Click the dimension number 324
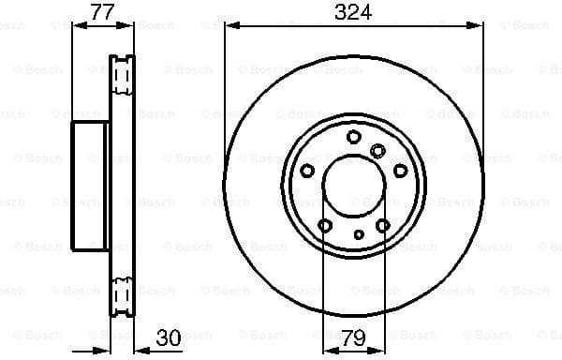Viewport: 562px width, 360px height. pos(354,12)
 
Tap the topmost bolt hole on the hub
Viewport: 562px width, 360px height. pos(354,137)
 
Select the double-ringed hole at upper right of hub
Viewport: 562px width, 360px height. pos(378,150)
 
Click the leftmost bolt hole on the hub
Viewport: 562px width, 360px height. pos(307,170)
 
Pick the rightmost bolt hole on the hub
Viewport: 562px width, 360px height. pos(401,170)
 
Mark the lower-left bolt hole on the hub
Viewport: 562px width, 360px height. pos(325,225)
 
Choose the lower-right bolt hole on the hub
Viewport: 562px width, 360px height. pos(383,225)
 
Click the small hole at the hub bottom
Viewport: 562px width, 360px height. pos(358,234)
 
